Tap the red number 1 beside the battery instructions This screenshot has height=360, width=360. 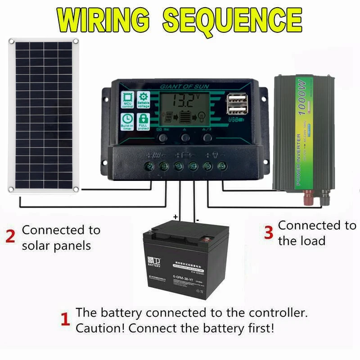(65, 320)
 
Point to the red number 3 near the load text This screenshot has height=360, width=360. (268, 233)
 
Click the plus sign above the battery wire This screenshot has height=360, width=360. (175, 217)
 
